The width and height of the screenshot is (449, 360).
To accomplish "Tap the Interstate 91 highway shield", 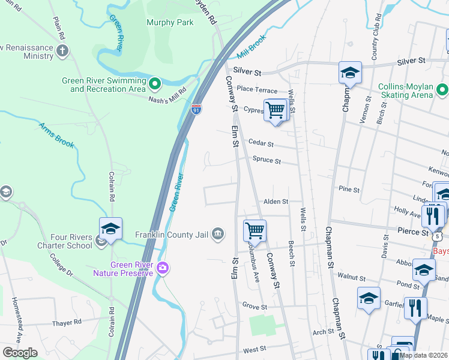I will tap(196, 109).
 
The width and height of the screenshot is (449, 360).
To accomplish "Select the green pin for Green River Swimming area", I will tap(155, 84).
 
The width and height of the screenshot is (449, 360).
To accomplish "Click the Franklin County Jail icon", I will tap(219, 234).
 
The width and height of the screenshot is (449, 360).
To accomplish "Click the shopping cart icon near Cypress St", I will tap(276, 110).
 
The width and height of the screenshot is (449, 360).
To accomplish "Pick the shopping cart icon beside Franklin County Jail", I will tap(255, 230).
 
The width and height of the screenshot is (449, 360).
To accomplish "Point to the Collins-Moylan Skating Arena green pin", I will tap(442, 91).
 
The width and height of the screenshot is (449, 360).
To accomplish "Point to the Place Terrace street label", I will tap(257, 89).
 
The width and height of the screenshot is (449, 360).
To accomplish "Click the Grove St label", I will tap(255, 306).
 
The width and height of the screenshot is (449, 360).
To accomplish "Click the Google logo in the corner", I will tap(20, 352).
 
